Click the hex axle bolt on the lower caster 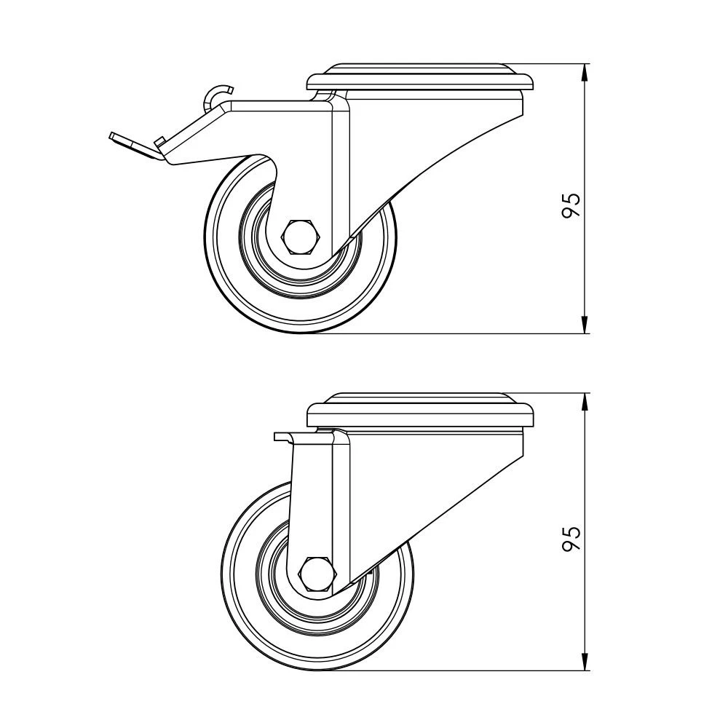coord(317,574)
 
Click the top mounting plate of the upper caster coord(421,76)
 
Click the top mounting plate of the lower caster coord(421,410)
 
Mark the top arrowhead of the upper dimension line coord(585,74)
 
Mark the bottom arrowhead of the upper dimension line coord(585,323)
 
